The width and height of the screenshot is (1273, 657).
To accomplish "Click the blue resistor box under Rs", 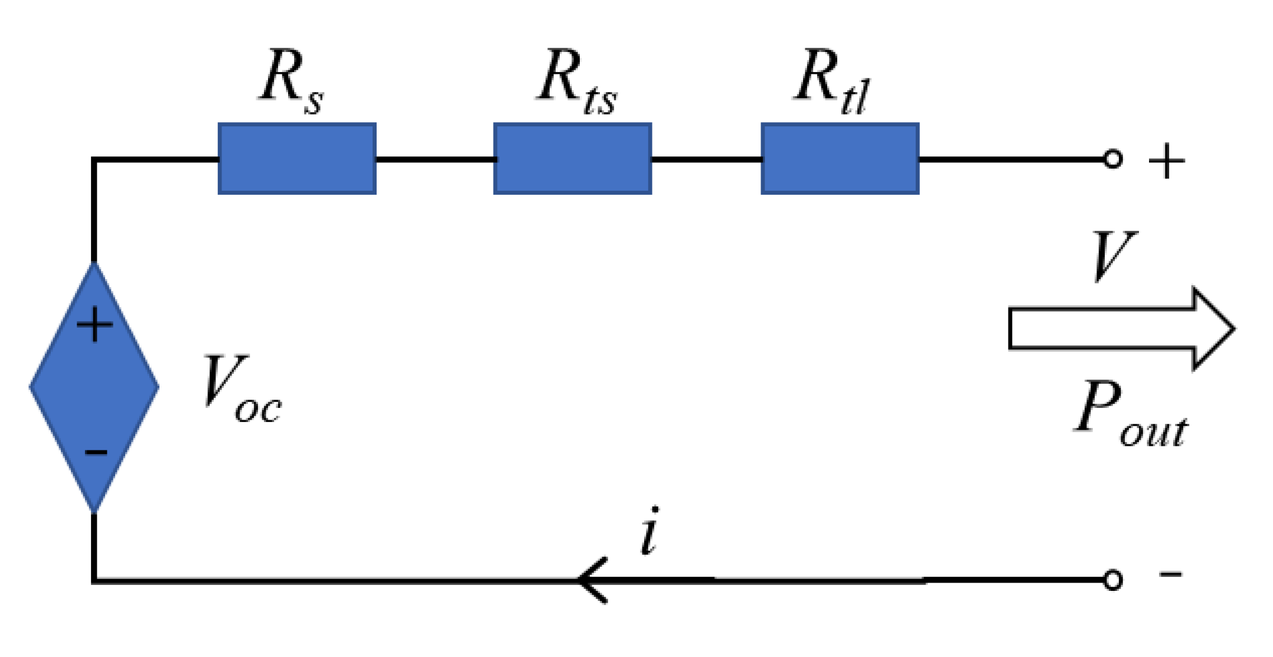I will [x=297, y=159].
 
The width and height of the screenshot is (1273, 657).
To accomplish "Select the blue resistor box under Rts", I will [x=572, y=159].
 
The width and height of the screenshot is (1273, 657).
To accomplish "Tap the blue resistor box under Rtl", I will [x=840, y=159].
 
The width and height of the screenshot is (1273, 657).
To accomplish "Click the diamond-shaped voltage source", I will [x=94, y=387].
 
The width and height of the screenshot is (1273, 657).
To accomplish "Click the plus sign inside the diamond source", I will [x=94, y=325].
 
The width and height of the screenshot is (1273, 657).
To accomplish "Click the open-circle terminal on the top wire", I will [x=1112, y=159].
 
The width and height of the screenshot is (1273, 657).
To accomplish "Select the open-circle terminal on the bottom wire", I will [x=1112, y=580].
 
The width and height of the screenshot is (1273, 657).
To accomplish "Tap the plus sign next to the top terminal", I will [x=1166, y=161].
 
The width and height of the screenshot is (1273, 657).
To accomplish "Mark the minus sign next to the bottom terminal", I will [x=1170, y=574].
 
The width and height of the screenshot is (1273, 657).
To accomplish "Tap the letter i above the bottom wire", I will [x=649, y=531].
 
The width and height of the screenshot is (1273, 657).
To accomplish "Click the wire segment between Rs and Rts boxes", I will [x=435, y=159].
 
